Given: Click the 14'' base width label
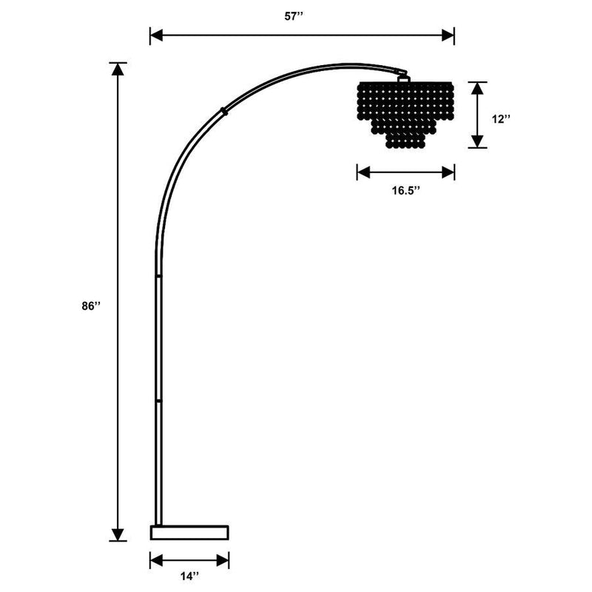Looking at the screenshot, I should click(x=189, y=575).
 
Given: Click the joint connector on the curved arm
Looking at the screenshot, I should click(x=223, y=112).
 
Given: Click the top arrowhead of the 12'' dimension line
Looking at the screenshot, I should click(x=477, y=87).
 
